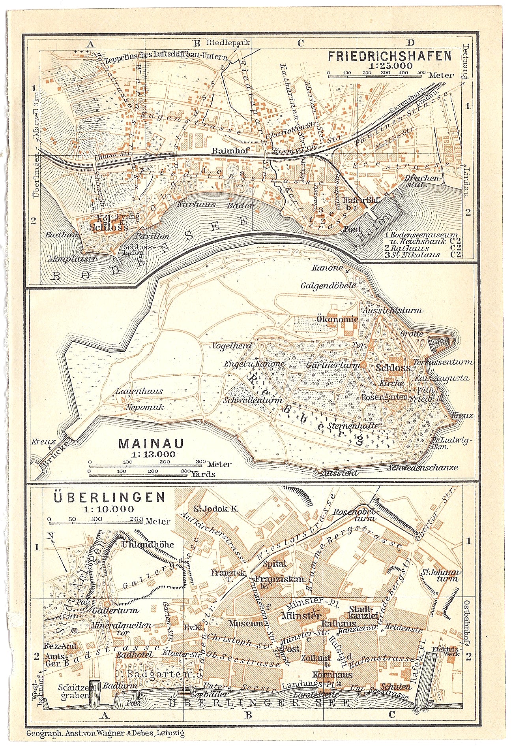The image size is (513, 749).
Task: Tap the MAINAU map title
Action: tap(151, 444)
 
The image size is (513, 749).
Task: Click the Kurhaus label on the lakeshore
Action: tap(191, 205)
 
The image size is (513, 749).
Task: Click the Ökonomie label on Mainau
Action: tap(337, 319)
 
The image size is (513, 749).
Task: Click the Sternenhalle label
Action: tap(353, 426)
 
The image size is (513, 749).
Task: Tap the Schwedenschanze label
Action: tap(423, 467)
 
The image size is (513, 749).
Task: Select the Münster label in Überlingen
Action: tap(301, 616)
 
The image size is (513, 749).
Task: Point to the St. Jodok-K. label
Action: tap(216, 509)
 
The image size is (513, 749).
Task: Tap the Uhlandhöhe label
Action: tap(148, 544)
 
